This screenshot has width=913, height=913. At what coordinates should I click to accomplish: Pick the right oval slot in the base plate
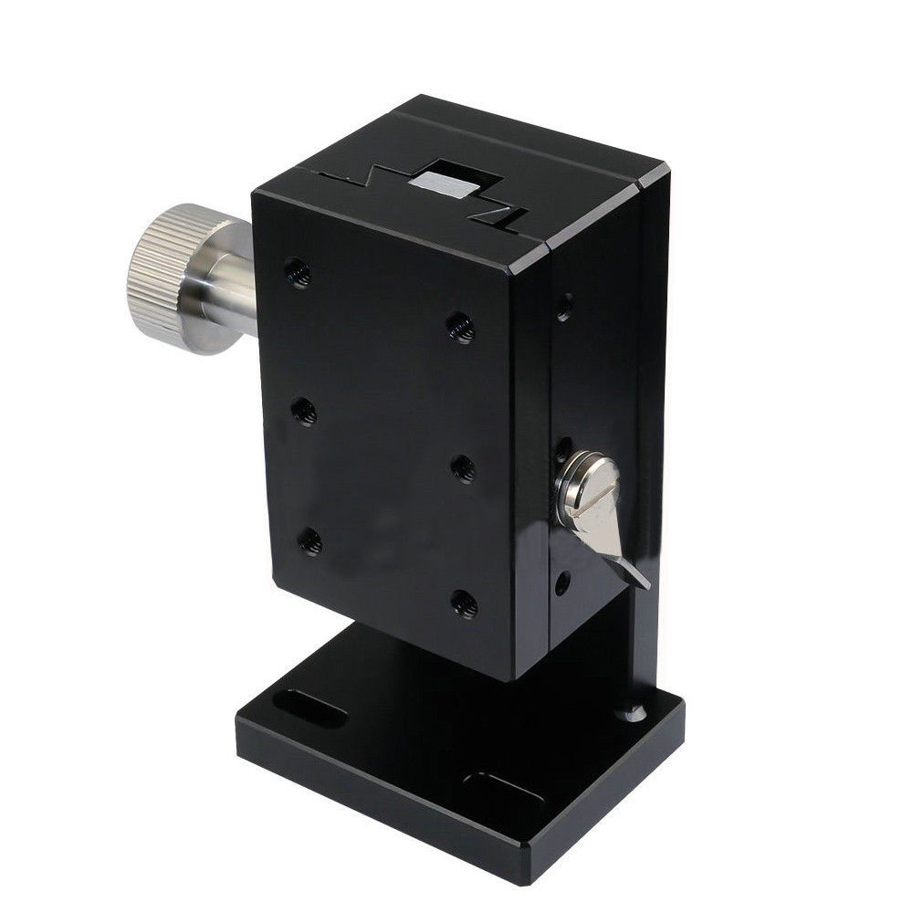point(498,789)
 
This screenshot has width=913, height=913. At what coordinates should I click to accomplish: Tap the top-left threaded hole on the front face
point(295,270)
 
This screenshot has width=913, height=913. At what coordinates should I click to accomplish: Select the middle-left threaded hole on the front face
point(304,414)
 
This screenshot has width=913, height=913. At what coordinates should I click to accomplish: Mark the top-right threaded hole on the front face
point(462,326)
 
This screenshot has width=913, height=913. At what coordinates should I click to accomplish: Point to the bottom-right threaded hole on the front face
point(464,602)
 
